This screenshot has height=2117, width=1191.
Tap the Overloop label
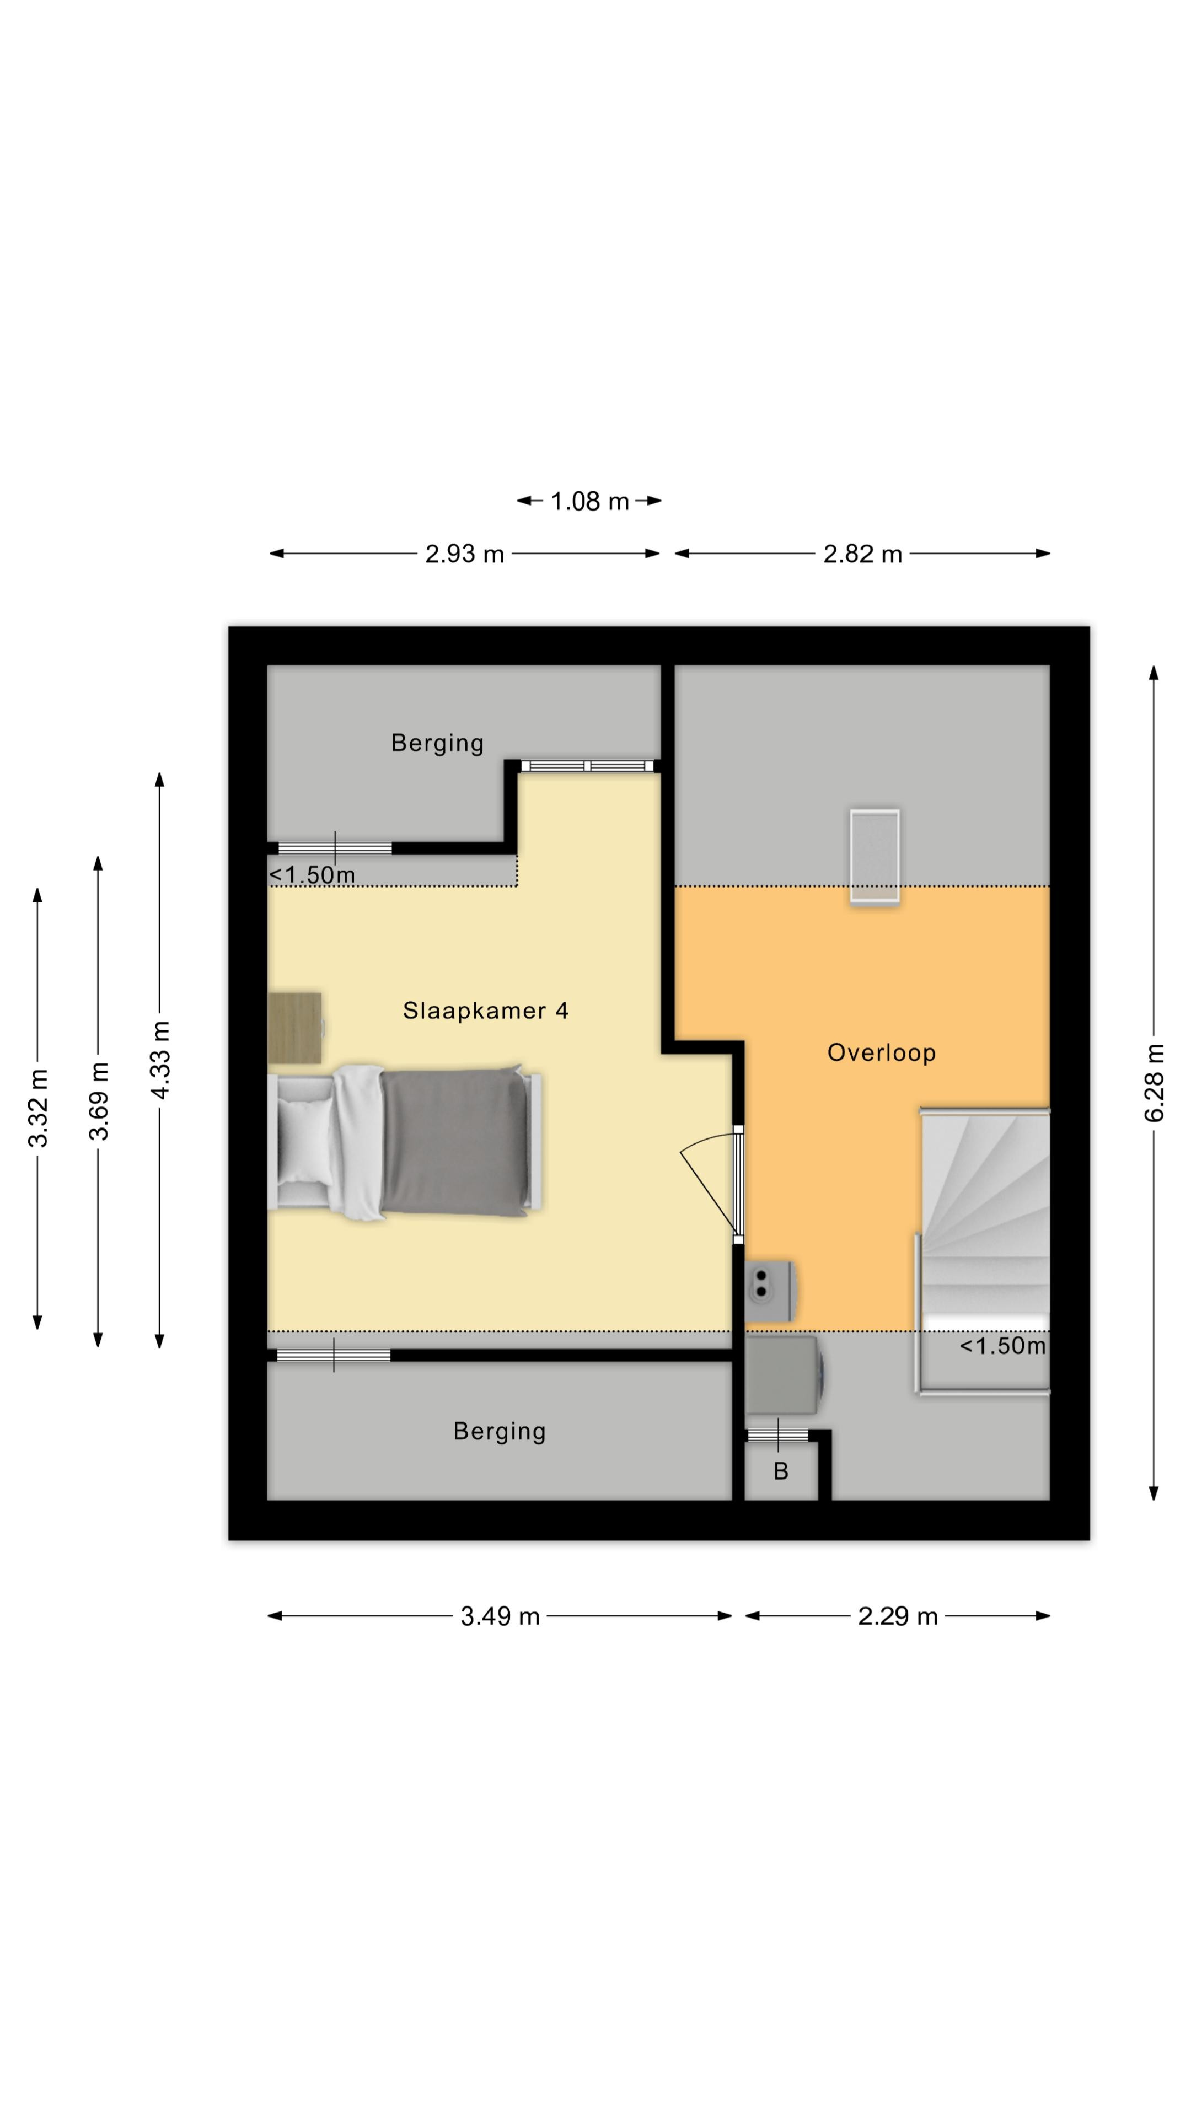pyautogui.click(x=881, y=1053)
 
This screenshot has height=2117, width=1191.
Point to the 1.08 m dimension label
pyautogui.click(x=589, y=501)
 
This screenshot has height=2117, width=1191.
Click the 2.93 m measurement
pyautogui.click(x=464, y=554)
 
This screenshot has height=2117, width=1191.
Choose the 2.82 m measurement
pyautogui.click(x=862, y=554)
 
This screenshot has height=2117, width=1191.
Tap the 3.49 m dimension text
pyautogui.click(x=500, y=1616)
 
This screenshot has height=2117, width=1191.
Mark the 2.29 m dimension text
pyautogui.click(x=898, y=1616)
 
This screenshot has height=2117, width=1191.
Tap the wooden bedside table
pyautogui.click(x=295, y=1028)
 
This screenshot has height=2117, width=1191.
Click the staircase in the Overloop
pyautogui.click(x=983, y=1250)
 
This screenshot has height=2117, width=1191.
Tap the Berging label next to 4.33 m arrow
pyautogui.click(x=437, y=743)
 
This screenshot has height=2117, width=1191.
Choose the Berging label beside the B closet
pyautogui.click(x=500, y=1432)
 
